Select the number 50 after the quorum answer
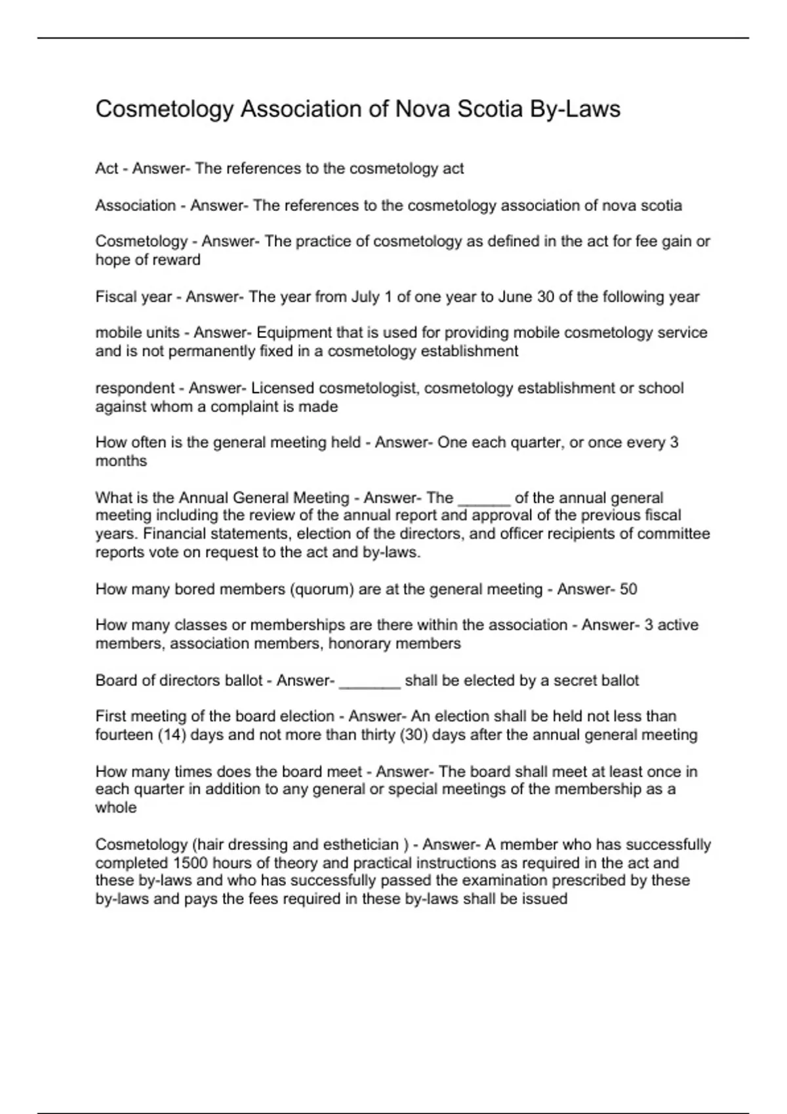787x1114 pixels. tap(628, 589)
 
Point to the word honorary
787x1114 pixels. tap(357, 643)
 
